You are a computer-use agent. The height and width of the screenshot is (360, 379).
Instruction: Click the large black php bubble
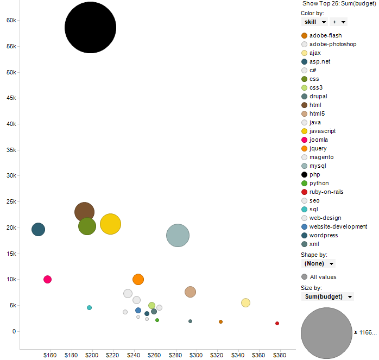(90, 28)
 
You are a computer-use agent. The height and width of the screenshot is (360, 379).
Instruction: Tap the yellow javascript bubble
(111, 224)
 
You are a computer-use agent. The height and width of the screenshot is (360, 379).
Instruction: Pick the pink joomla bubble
(47, 280)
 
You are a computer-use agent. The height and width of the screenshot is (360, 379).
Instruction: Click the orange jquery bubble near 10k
(138, 280)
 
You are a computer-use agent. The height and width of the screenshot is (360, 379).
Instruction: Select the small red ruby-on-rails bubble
(277, 323)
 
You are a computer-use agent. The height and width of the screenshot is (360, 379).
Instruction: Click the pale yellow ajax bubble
(245, 302)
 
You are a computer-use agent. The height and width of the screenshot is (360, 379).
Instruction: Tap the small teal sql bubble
(90, 307)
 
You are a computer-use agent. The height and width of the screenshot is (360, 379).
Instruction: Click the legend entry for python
(319, 184)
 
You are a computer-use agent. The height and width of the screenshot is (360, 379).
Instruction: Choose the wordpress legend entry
(323, 236)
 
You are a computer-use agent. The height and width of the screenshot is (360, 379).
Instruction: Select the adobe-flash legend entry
(325, 36)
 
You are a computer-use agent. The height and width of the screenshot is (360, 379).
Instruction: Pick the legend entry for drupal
(318, 97)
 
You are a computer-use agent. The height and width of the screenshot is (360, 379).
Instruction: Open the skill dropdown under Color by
(314, 22)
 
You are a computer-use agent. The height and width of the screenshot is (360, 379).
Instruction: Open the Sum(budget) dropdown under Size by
(327, 296)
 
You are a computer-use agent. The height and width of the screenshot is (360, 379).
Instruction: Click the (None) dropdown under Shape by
(318, 263)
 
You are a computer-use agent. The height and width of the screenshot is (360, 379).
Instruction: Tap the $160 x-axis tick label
(49, 355)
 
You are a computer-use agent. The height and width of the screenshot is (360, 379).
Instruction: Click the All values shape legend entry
(323, 277)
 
